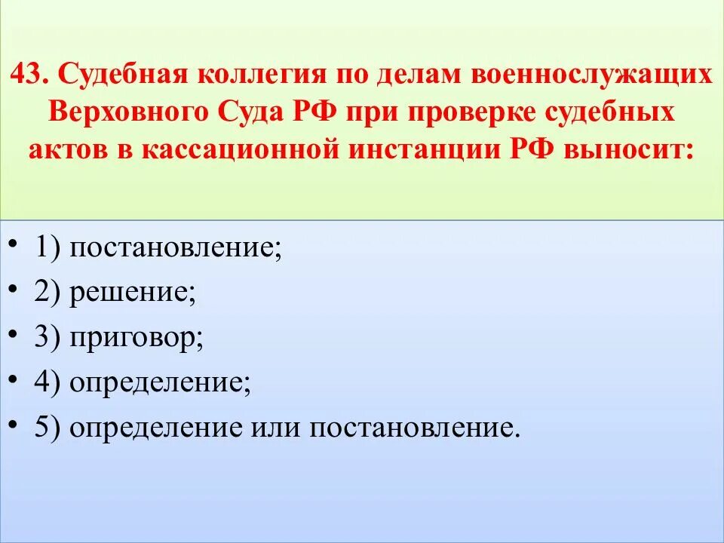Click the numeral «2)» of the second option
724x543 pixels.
48,293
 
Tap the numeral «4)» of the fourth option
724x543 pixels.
48,384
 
